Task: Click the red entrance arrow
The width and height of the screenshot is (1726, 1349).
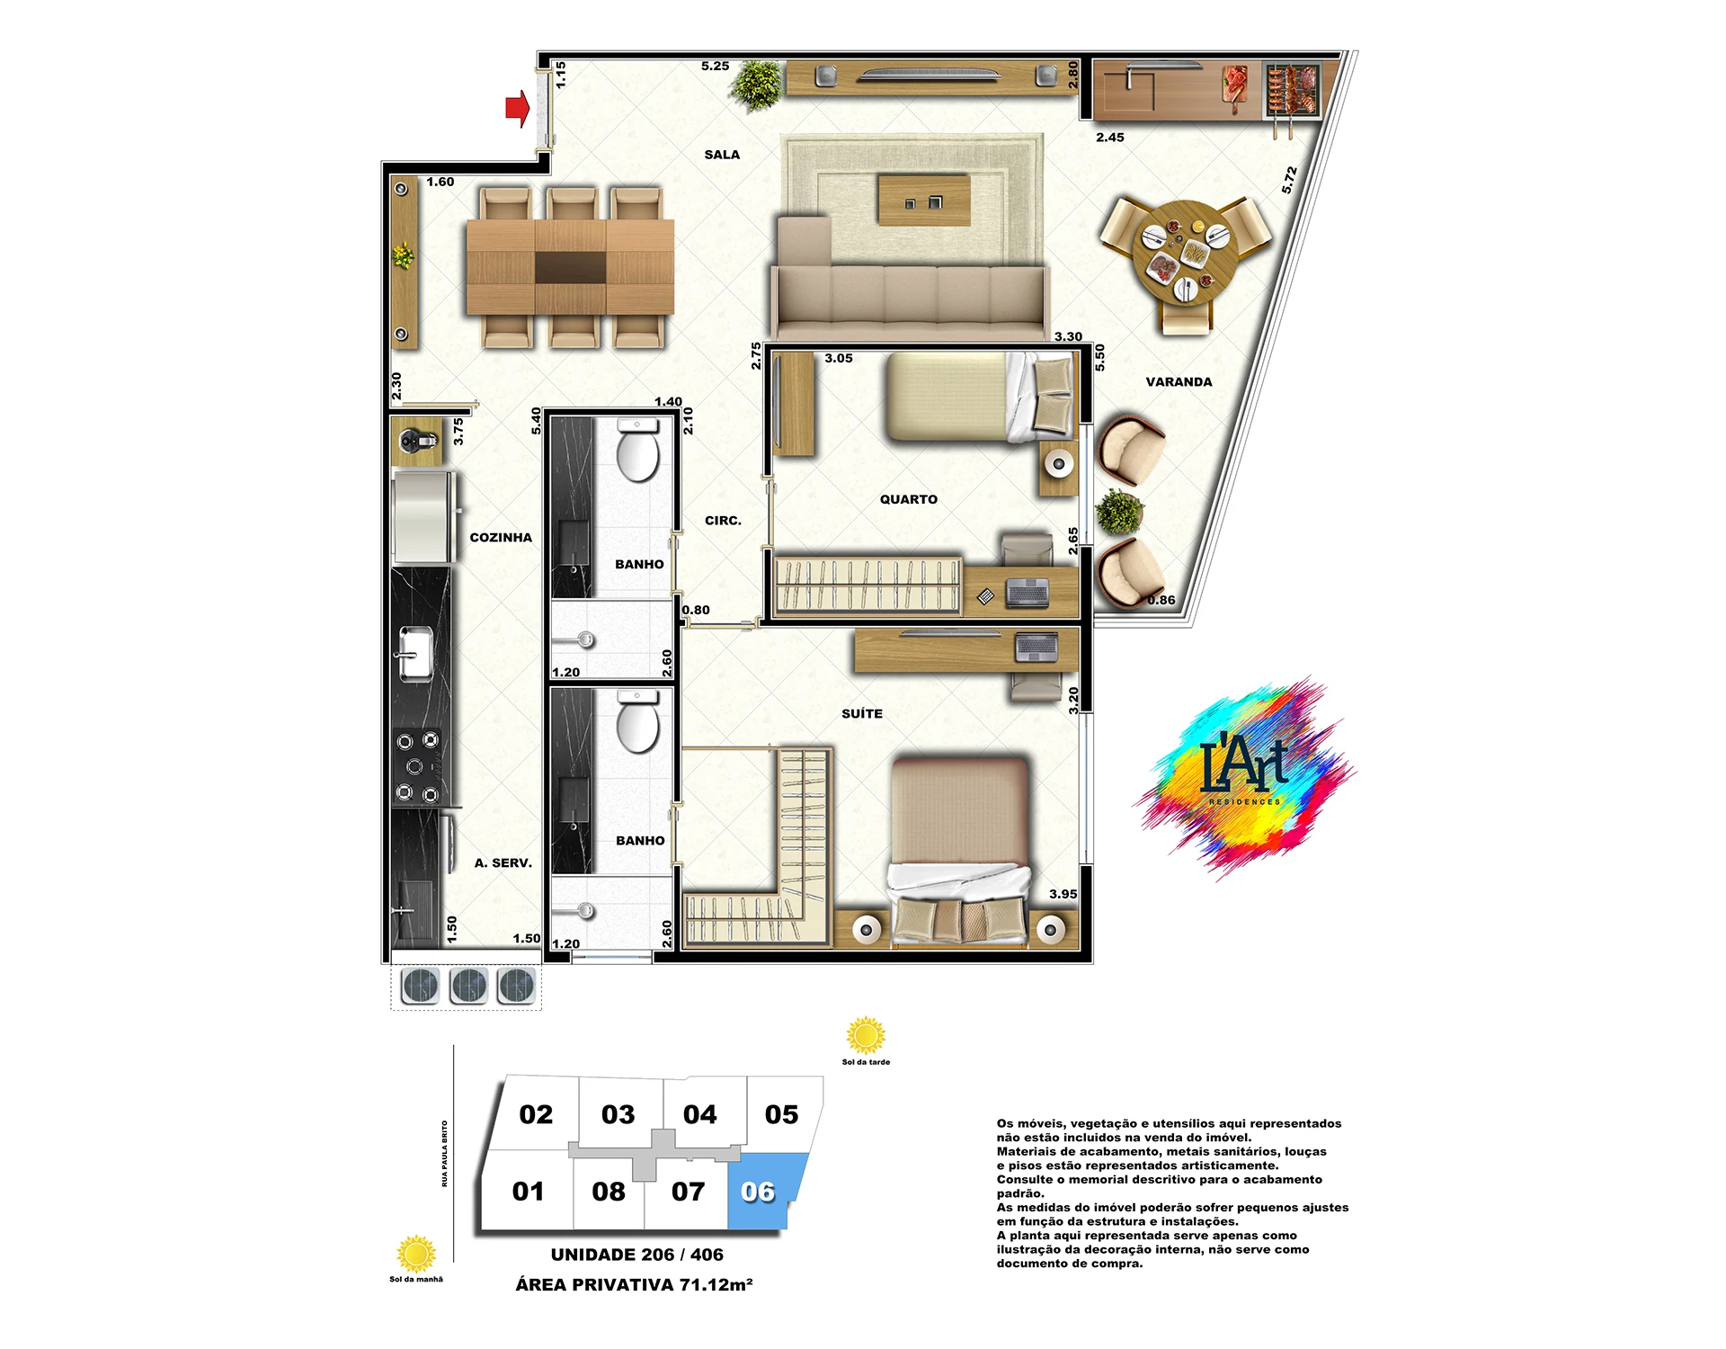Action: [x=517, y=109]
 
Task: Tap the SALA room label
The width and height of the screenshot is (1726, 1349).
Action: [x=722, y=155]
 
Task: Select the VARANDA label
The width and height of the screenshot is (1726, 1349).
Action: [x=1179, y=381]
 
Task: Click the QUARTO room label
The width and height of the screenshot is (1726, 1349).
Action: [x=908, y=499]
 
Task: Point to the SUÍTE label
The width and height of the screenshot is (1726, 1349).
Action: [x=862, y=713]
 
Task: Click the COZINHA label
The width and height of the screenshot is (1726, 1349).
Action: [x=501, y=537]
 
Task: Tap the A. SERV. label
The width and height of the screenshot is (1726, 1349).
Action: [x=503, y=862]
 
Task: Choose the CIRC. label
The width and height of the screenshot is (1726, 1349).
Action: [x=723, y=520]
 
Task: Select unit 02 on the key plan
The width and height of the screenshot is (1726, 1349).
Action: [x=536, y=1114]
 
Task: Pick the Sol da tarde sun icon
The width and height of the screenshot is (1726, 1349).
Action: [x=866, y=1036]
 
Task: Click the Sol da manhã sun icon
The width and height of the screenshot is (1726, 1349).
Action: [x=416, y=1254]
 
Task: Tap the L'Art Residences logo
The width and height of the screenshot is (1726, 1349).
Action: [x=1245, y=775]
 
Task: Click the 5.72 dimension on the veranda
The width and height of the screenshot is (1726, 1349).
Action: [x=1289, y=180]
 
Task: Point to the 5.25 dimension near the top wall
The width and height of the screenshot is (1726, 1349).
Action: [x=715, y=66]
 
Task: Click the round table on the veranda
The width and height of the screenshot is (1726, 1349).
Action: [x=1185, y=253]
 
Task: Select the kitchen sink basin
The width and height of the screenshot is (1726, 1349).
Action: [x=414, y=654]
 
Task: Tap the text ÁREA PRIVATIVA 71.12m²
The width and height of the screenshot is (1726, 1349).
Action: [x=634, y=1284]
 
